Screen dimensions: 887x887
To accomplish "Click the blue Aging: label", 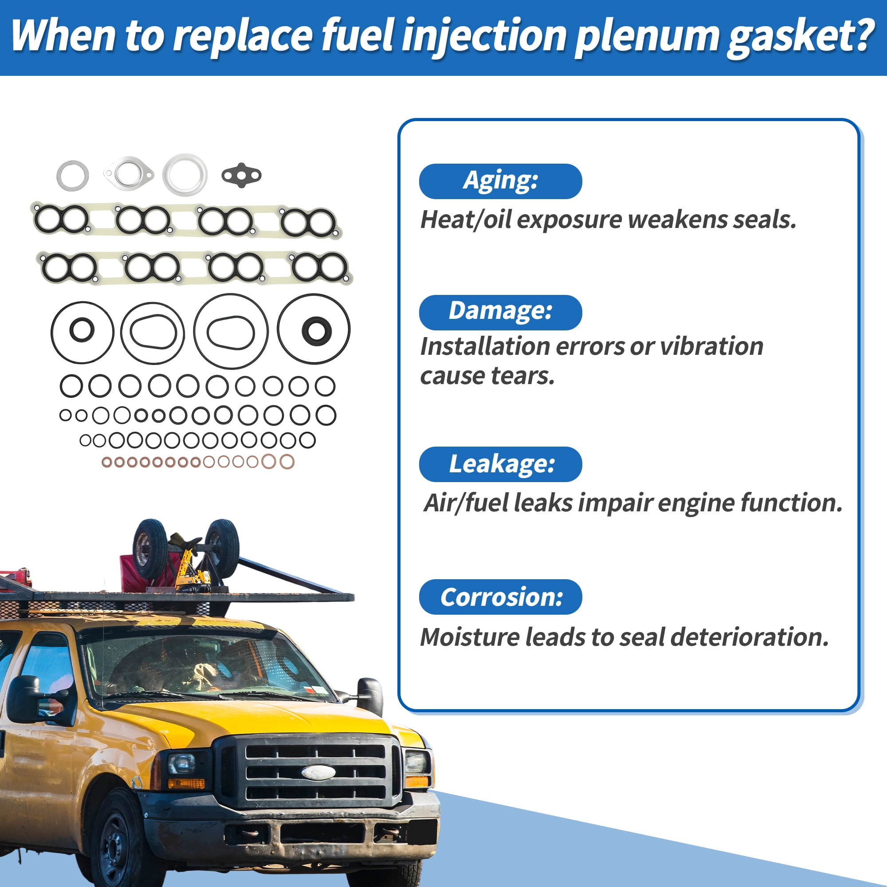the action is click(500, 181).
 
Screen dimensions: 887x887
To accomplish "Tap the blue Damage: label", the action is click(500, 312).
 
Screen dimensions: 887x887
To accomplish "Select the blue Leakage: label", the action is click(500, 464).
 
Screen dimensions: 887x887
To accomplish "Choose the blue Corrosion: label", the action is click(500, 597).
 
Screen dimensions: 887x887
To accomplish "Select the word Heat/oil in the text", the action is click(466, 220).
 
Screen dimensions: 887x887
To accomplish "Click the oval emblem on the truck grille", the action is click(318, 772).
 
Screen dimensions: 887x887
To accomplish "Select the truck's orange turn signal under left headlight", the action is click(185, 783).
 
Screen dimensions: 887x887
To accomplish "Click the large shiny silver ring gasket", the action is click(185, 174).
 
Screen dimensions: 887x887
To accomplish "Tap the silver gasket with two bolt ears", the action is click(129, 173).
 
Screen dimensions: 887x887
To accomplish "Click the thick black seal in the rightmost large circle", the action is click(316, 330).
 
